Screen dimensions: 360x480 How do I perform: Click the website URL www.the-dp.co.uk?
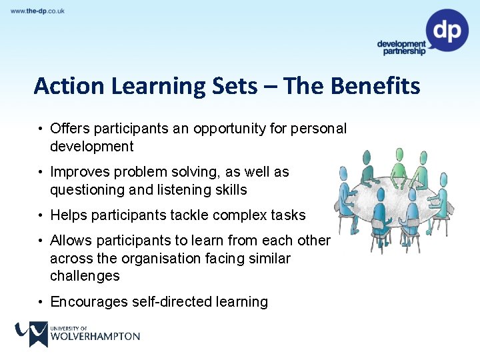37,11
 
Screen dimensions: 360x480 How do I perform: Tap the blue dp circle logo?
447,30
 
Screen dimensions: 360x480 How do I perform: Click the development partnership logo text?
401,48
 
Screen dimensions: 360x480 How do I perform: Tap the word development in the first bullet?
91,147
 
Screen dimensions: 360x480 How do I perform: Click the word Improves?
79,172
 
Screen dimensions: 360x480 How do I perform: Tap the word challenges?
85,276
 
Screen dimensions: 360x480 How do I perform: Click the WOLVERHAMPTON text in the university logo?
95,337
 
